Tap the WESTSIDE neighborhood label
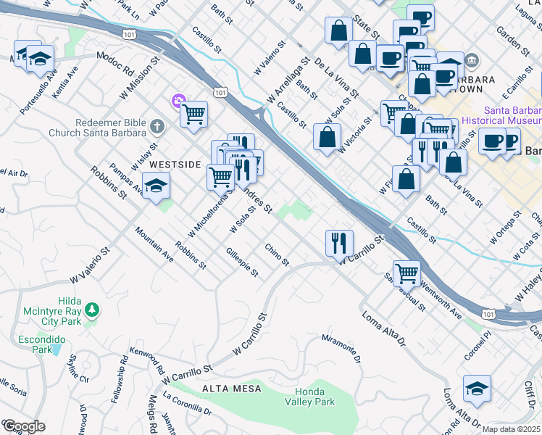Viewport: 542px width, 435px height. click(x=174, y=165)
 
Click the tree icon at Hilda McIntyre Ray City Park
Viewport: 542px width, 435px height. click(x=91, y=310)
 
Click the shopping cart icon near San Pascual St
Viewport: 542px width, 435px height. click(x=407, y=273)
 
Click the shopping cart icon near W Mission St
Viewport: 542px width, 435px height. click(x=193, y=114)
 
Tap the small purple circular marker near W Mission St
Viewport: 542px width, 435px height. click(x=176, y=101)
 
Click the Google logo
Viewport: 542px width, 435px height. click(x=24, y=426)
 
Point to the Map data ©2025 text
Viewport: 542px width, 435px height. click(x=512, y=429)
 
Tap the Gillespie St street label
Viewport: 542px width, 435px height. click(x=242, y=262)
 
